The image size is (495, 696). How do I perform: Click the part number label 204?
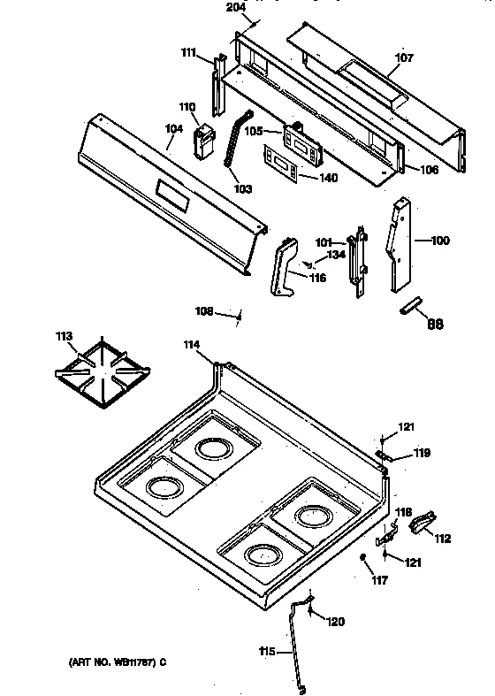(235, 7)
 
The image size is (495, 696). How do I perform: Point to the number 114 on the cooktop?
(191, 344)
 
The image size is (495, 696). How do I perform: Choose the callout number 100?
(439, 240)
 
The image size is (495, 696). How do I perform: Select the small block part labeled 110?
(206, 141)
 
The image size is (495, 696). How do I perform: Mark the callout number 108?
(204, 310)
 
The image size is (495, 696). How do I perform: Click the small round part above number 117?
(364, 557)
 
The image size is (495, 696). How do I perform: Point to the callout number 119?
(423, 454)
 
